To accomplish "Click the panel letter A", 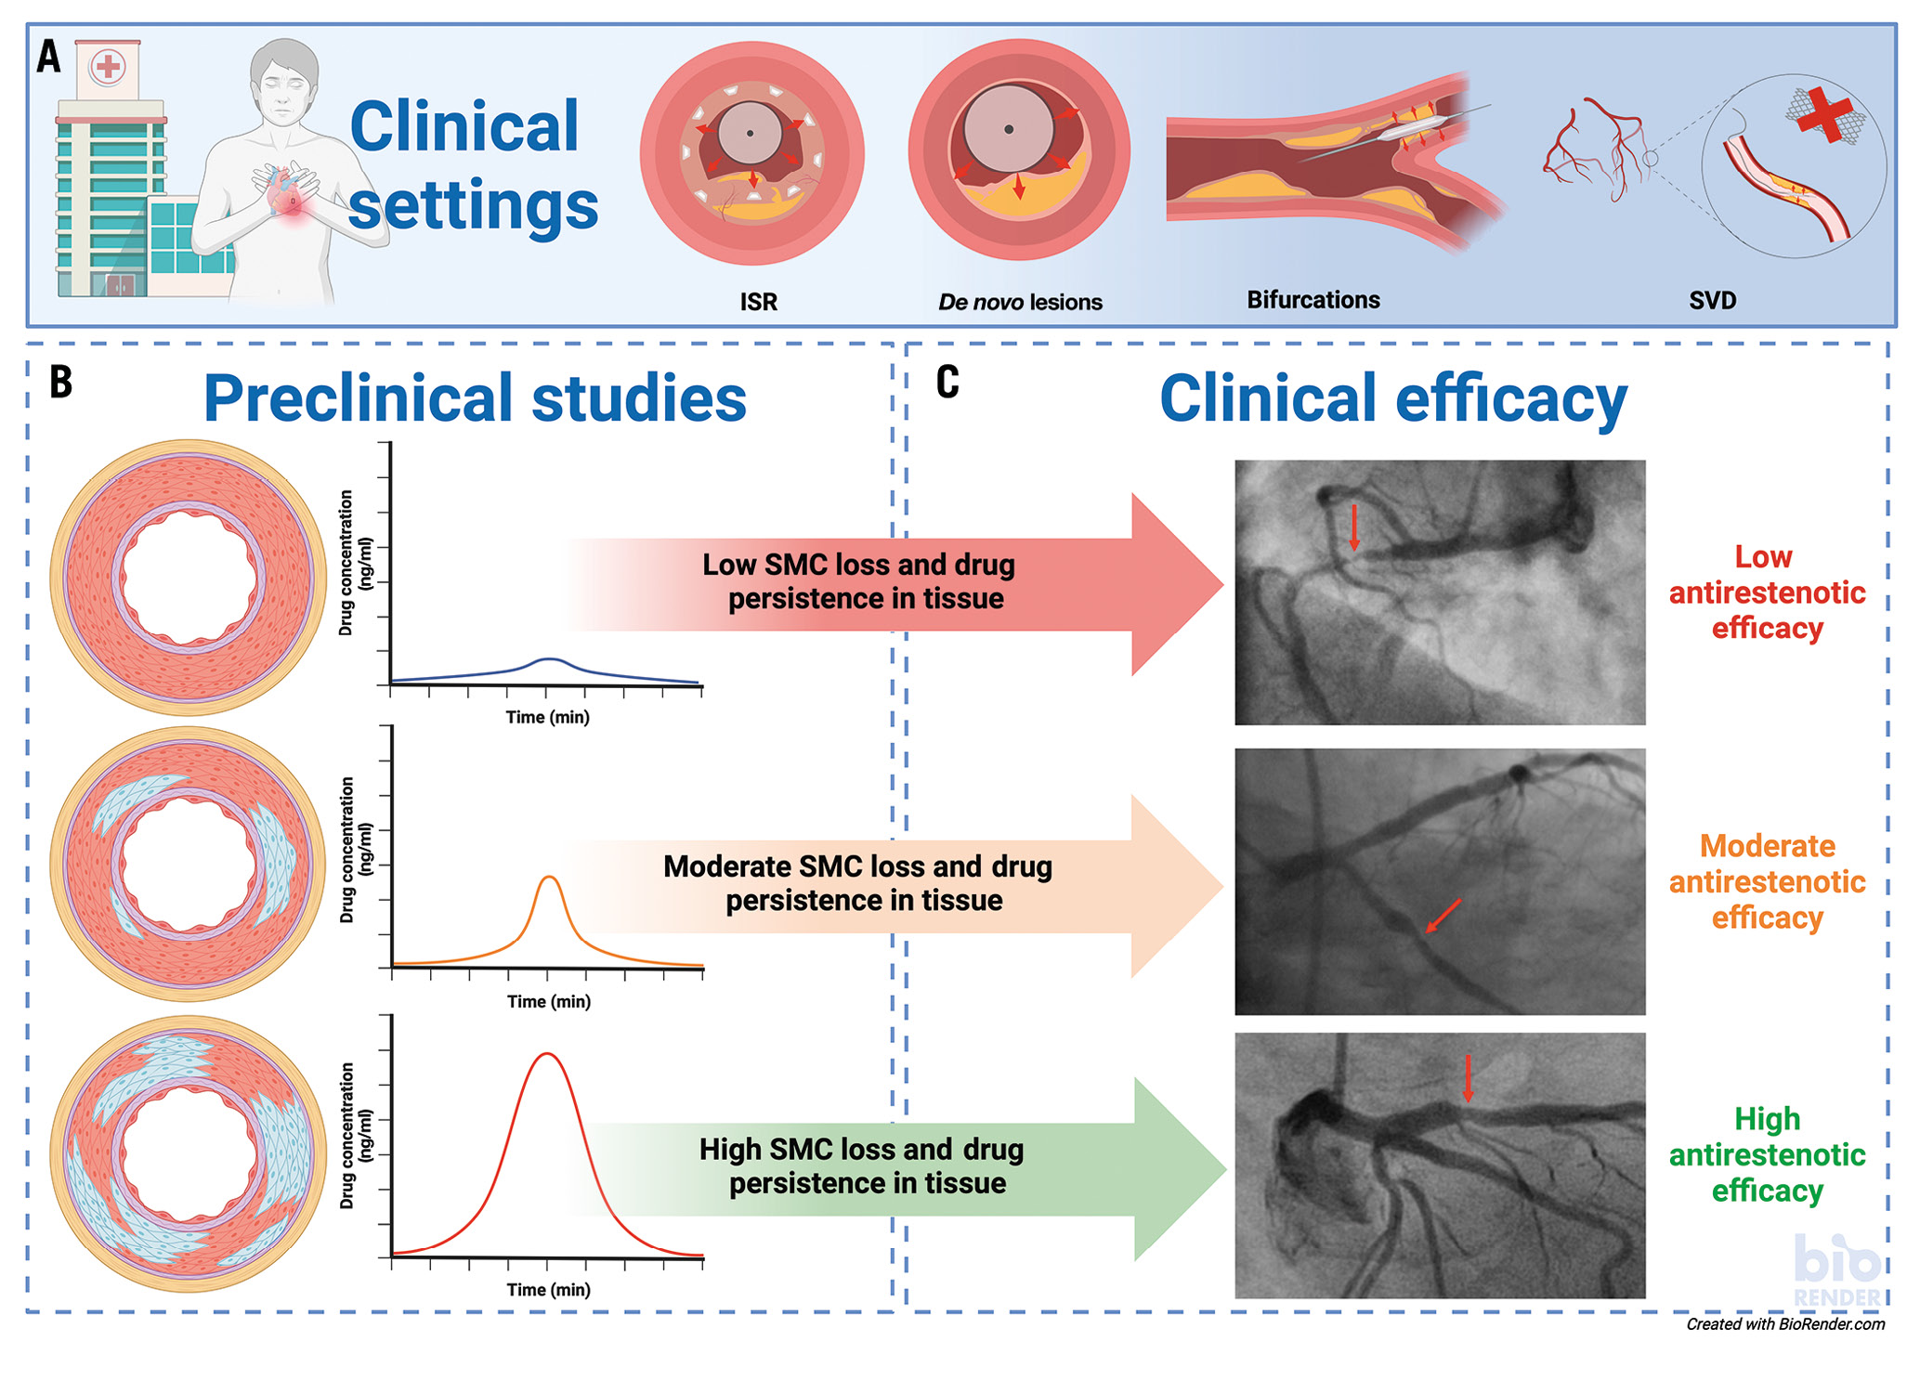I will [x=48, y=58].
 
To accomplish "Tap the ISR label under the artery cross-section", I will [x=758, y=302].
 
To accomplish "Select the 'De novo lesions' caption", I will [x=1020, y=302].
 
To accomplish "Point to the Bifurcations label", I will [x=1313, y=300].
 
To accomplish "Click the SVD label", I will [x=1712, y=300].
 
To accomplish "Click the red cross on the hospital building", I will [x=109, y=67].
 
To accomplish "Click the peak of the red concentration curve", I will [x=548, y=1054].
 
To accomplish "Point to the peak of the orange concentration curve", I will [x=550, y=877].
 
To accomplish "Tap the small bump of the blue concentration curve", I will [x=550, y=658].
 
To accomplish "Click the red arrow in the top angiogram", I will [x=1354, y=527].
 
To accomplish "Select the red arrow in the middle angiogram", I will [x=1443, y=915].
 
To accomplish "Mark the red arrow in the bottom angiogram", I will [x=1468, y=1077].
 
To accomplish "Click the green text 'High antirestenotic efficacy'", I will [x=1766, y=1154].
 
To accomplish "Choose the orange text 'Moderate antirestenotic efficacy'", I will [x=1766, y=881].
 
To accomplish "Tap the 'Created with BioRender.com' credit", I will [x=1784, y=1324].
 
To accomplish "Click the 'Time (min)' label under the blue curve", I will [x=547, y=717].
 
